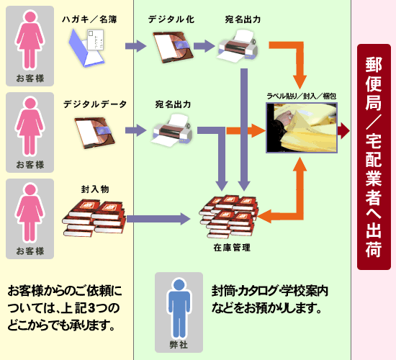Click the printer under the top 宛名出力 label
click(x=238, y=49)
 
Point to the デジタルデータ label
click(x=94, y=105)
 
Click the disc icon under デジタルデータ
click(x=92, y=132)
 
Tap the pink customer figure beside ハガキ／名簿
click(x=30, y=42)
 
